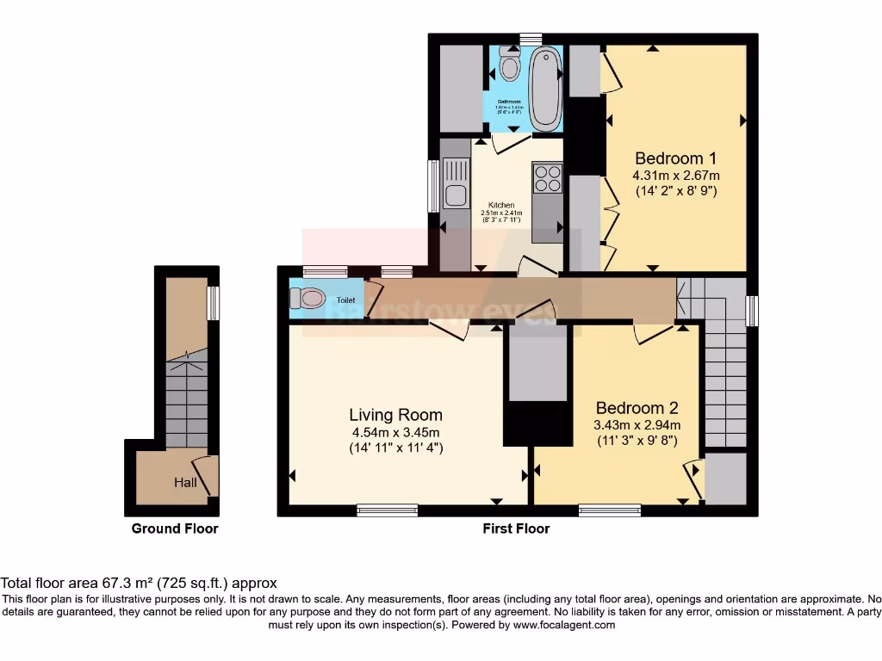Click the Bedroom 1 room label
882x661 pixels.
pos(675,158)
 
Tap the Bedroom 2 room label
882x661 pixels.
pos(637,408)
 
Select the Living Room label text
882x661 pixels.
pos(395,415)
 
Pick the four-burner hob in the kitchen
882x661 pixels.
pos(547,179)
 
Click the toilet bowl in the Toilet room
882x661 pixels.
pos(307,299)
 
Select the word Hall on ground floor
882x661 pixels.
pos(185,482)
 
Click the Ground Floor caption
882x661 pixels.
pos(175,528)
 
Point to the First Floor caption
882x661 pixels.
pos(515,528)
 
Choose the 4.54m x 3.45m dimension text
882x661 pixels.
pos(395,432)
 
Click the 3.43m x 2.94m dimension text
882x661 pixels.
pos(637,425)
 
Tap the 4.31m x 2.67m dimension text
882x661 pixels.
pos(676,176)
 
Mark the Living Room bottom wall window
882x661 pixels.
pos(387,510)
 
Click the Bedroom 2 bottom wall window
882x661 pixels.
pos(609,510)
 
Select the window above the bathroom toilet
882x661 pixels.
pos(530,39)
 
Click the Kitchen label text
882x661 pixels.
pos(500,205)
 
